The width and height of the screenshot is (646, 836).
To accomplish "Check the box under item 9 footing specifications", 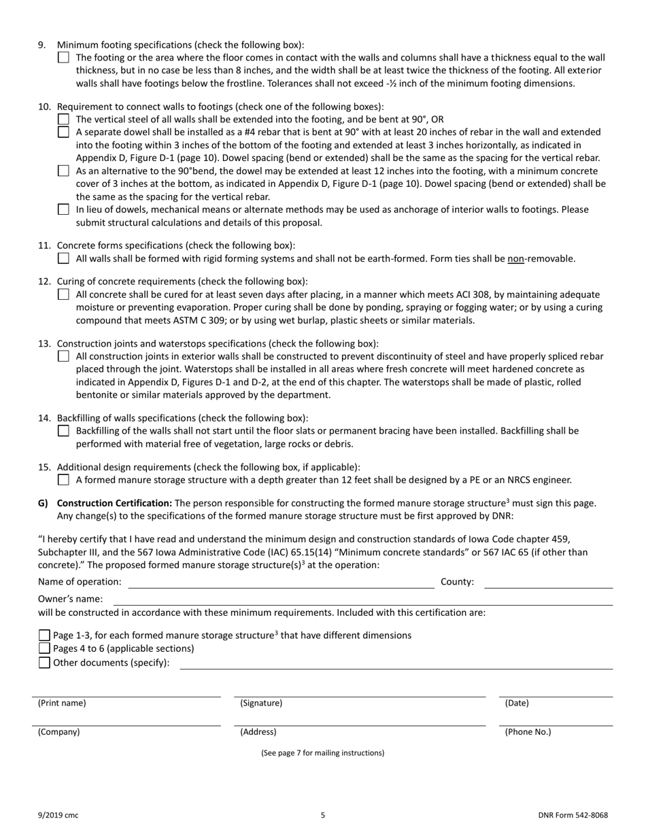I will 63,58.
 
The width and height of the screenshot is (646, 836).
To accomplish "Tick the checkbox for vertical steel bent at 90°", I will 63,119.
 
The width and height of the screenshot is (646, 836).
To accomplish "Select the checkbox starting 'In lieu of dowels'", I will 63,210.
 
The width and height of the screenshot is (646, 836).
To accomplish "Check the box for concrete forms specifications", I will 63,258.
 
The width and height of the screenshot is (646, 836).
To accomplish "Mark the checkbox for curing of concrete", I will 63,294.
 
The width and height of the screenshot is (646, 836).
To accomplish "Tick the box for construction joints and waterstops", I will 63,355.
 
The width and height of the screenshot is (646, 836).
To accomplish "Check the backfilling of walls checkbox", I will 63,430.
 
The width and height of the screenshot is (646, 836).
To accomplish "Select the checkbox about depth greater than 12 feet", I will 63,480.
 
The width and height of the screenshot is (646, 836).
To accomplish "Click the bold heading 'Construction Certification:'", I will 114,503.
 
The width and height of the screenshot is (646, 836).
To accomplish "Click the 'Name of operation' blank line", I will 281,582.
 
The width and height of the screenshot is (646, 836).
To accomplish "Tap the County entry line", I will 548,582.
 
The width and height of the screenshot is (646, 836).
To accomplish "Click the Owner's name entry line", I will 362,599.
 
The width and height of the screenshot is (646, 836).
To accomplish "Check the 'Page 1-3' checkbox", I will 45,635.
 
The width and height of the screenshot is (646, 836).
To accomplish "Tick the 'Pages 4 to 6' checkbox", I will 45,648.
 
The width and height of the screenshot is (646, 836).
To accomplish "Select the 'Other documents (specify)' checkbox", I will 45,663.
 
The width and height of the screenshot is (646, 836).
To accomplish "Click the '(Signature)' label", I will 261,703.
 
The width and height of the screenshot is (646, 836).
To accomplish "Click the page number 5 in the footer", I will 323,815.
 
